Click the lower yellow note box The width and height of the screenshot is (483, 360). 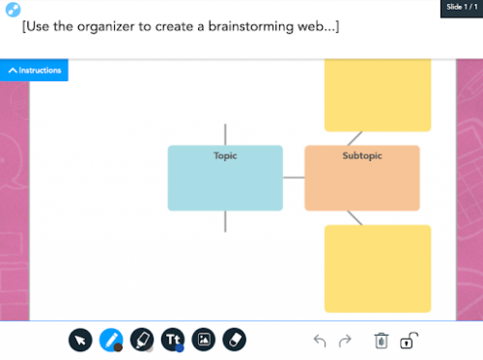pos(378,267)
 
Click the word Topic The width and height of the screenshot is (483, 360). pos(225,155)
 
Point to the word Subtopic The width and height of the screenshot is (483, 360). pos(362,155)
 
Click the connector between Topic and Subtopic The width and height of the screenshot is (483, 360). pos(294,178)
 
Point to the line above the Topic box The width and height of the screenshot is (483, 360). pos(225,133)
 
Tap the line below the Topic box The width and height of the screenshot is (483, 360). pos(225,221)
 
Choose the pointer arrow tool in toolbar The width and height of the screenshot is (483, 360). pos(80,340)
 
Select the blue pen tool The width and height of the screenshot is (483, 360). pos(111,340)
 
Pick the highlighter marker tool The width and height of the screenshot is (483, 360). pos(141,340)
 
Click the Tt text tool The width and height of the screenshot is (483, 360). pos(173,340)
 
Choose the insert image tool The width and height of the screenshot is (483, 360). pos(203,340)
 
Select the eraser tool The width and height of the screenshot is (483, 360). pos(235,340)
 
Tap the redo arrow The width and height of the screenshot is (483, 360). pos(345,341)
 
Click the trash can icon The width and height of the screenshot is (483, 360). pos(382,341)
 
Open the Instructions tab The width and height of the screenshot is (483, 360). pos(35,70)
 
